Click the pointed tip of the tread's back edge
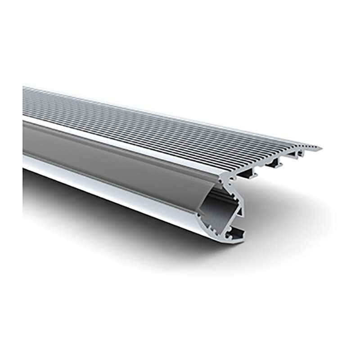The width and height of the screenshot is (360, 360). coord(320,148)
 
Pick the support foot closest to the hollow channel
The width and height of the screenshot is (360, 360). coord(247,175)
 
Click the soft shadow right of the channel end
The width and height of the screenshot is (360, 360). coord(279,225)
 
